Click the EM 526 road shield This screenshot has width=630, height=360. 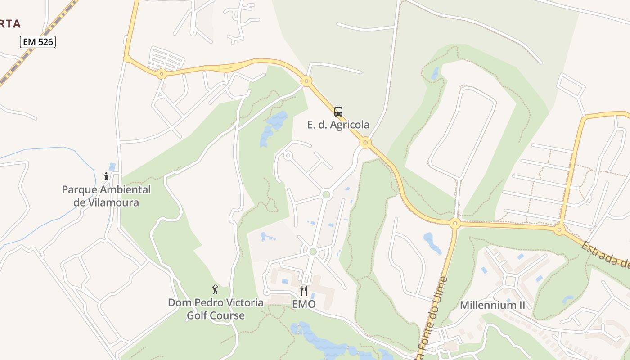click(x=38, y=42)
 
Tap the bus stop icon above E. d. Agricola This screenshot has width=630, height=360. click(x=338, y=111)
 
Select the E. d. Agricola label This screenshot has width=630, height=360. click(x=338, y=125)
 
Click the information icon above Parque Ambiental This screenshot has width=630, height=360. click(x=106, y=176)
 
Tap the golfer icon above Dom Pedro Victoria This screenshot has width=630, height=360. click(x=215, y=289)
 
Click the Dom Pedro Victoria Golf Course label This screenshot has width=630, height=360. click(x=216, y=309)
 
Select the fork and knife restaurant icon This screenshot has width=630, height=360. click(x=304, y=291)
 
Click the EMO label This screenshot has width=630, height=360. click(x=304, y=304)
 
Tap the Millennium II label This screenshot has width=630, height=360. click(x=492, y=305)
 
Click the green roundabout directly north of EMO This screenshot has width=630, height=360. click(x=313, y=252)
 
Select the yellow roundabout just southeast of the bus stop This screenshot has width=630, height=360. click(x=365, y=143)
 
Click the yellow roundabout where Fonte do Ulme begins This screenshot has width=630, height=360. click(x=455, y=223)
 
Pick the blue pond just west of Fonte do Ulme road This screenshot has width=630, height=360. click(x=432, y=243)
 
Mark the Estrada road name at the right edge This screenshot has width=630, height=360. click(x=605, y=254)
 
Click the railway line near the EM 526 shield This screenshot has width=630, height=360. click(x=27, y=53)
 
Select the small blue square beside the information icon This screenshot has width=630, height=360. click(x=112, y=167)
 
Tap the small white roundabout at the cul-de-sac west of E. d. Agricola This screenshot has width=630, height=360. click(x=288, y=156)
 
